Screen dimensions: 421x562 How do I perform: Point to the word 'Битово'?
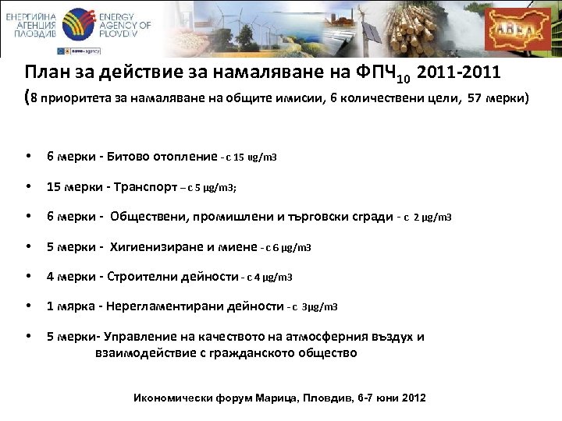click(x=133, y=157)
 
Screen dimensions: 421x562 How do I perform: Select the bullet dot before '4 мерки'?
click(x=29, y=277)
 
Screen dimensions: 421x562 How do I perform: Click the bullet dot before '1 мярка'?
click(x=29, y=306)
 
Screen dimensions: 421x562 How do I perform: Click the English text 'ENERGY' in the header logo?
click(x=121, y=16)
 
